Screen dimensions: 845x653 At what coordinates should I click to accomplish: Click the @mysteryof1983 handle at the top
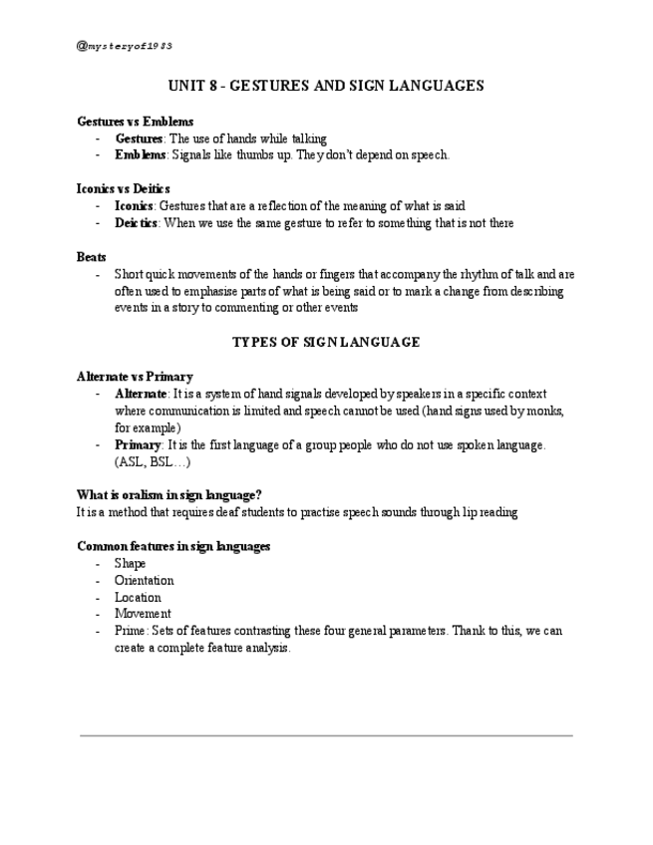pos(125,46)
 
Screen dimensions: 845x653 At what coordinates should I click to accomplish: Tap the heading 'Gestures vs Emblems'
pos(135,122)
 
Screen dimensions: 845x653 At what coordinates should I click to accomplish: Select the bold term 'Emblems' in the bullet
pos(140,154)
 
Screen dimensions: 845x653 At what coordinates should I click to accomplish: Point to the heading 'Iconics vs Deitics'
pos(124,188)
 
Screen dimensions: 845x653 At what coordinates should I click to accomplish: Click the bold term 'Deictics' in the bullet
pos(137,222)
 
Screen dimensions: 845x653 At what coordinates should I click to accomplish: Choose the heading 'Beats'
pos(92,256)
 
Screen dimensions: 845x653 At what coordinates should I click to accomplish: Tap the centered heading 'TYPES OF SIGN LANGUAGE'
pos(326,342)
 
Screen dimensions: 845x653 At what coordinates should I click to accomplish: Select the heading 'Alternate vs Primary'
pos(135,377)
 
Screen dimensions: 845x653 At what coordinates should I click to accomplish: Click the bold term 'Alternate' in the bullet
pos(142,394)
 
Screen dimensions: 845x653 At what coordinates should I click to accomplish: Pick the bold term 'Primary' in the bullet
pos(138,445)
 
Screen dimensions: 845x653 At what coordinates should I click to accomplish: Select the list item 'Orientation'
pos(144,580)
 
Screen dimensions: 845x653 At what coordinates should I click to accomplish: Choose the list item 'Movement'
pos(143,614)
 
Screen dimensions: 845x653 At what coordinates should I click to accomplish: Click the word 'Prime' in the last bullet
pos(130,631)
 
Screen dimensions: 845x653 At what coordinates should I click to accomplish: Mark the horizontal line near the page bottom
pos(326,735)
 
